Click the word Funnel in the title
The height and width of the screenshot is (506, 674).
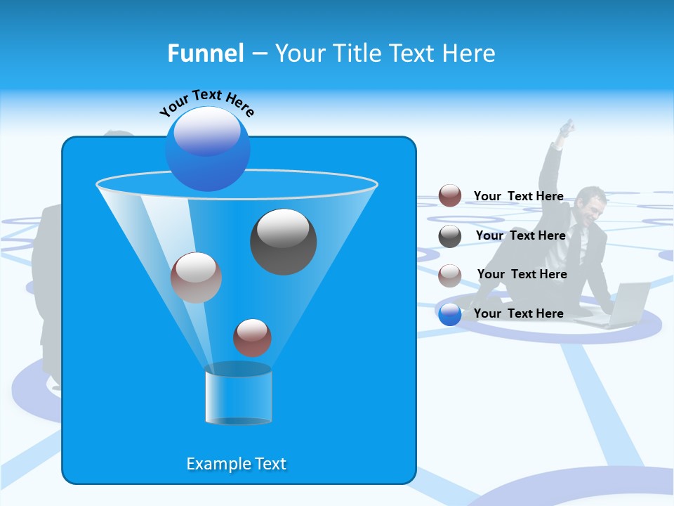click(x=205, y=53)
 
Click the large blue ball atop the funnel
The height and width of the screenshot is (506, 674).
click(x=208, y=148)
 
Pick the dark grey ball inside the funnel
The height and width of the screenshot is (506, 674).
click(x=283, y=242)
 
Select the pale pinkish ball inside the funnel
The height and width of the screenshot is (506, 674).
click(x=196, y=278)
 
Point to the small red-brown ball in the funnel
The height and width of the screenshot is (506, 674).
click(x=252, y=337)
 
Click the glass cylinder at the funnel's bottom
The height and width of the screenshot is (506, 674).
click(x=238, y=394)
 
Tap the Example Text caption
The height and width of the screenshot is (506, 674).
click(x=236, y=464)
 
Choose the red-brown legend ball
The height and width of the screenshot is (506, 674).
click(x=450, y=196)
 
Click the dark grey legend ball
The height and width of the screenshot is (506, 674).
click(x=450, y=236)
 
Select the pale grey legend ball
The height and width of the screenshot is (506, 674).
click(x=450, y=275)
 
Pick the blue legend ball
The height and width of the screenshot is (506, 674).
click(x=450, y=314)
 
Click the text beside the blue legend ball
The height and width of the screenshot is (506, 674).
click(x=518, y=313)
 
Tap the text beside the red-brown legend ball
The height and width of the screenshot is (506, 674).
click(x=518, y=196)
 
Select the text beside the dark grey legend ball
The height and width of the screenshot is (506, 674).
click(x=520, y=235)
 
